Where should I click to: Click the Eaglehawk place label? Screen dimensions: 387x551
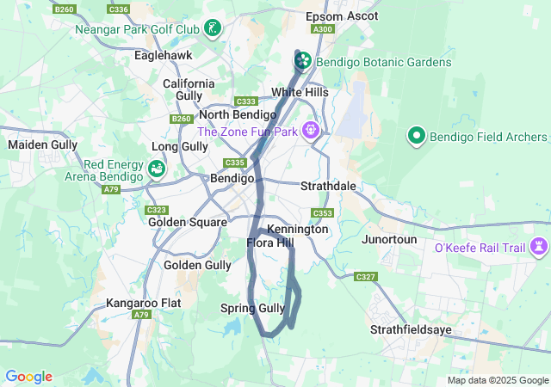164,55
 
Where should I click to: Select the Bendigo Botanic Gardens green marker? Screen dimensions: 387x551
303,62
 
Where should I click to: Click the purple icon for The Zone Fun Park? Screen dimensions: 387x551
310,131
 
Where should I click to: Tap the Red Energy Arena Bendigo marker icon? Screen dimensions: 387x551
157,169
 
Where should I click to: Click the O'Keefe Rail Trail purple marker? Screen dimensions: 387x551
540,248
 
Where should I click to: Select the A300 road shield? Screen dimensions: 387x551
324,29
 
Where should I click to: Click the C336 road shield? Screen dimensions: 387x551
120,9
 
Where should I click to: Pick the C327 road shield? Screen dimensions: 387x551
366,276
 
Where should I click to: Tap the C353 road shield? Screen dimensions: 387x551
323,212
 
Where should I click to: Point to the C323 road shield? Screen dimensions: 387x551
157,210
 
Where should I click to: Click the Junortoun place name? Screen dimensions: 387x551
389,239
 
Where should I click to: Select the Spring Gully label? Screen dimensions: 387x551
252,308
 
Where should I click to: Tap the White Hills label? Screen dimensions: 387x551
300,92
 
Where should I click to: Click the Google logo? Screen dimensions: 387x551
28,377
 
